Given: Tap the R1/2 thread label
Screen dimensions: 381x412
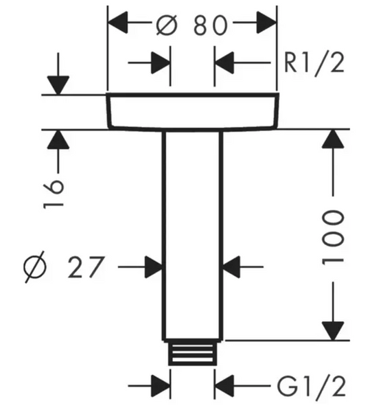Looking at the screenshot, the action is pos(314,64).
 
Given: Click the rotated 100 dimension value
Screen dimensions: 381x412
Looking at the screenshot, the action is pos(333,238).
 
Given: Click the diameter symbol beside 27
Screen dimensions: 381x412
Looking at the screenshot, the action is pos(35,267).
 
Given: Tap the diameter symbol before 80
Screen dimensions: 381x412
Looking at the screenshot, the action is pos(167,25).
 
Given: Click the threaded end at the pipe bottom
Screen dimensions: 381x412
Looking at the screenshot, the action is pos(193,353).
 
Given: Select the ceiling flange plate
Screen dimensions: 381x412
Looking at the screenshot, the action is pos(192,111).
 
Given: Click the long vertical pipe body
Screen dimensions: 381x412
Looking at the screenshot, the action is pos(192,235).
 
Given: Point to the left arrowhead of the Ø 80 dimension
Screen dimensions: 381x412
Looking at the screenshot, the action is pos(117,23).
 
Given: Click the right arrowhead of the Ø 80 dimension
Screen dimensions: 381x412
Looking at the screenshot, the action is pos(266,23).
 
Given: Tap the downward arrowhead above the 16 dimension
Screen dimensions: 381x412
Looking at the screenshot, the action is pos(58,85).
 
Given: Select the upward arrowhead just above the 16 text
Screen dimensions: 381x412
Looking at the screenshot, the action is pos(58,139).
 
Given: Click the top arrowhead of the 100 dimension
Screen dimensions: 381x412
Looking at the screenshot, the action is pos(333,139).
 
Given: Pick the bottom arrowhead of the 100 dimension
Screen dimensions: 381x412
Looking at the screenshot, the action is pos(333,331).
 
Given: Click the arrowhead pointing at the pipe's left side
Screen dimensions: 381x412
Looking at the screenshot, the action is pos(154,266).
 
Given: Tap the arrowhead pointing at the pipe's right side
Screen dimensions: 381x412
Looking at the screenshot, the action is pos(231,266).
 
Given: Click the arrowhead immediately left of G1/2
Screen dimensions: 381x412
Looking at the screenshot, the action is pos(224,386).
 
